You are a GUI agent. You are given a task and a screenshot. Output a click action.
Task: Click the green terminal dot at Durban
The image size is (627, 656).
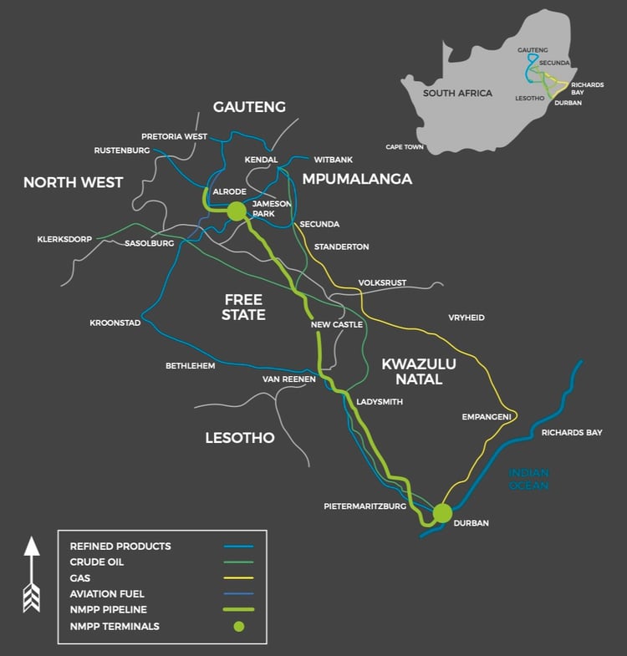point(442,512)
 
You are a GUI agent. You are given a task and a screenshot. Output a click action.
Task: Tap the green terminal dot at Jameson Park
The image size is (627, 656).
point(236,211)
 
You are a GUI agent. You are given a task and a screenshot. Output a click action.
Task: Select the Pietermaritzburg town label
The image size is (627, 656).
point(364,506)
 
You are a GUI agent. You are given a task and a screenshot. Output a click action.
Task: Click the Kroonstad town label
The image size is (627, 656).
point(115,323)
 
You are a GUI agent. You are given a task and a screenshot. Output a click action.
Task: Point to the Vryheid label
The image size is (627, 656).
point(466,318)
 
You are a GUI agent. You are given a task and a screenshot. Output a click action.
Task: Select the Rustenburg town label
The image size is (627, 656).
point(122,150)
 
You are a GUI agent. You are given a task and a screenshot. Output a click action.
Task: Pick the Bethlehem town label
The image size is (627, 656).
point(190,365)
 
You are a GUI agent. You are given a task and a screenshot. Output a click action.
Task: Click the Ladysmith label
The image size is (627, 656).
point(379,402)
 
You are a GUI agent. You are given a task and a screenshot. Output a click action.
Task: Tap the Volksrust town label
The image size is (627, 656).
point(381,282)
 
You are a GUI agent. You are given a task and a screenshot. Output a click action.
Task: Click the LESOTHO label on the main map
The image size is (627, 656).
point(239,437)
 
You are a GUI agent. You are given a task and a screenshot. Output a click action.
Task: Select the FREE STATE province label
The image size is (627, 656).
point(243,307)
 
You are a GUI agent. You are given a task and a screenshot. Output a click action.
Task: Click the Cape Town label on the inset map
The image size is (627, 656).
point(405,147)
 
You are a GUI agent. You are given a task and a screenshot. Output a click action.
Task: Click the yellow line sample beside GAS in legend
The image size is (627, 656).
point(238,577)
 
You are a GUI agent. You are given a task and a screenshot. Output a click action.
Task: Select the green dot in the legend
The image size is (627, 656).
point(238,626)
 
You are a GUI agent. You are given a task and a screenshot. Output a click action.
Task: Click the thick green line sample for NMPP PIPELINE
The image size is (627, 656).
point(238,610)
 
